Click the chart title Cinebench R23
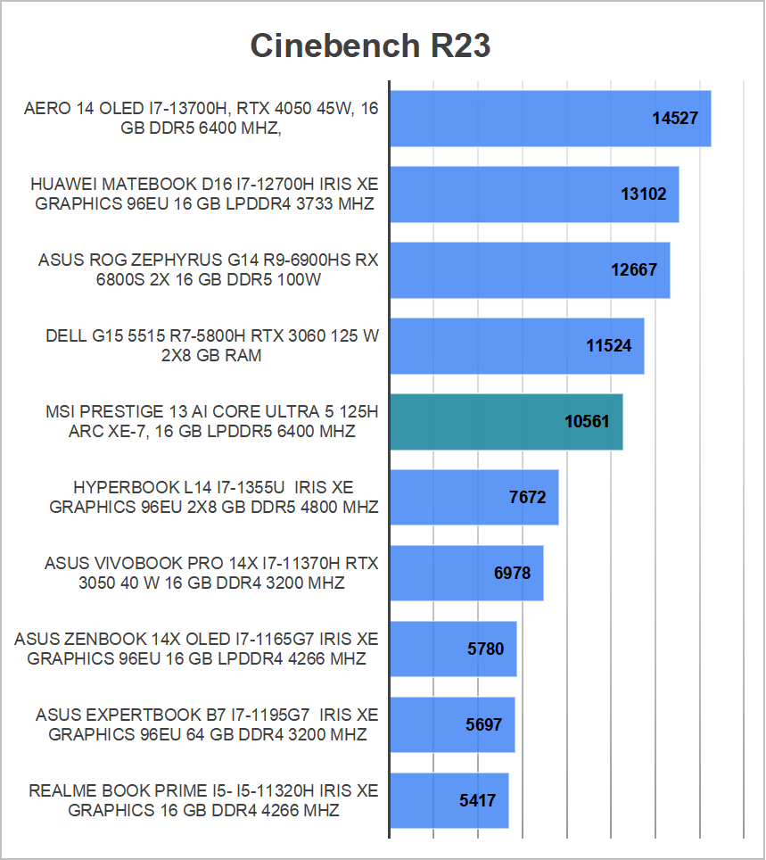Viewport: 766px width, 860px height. tap(370, 45)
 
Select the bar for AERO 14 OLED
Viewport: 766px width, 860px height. tap(517, 118)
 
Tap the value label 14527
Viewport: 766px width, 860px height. tap(675, 118)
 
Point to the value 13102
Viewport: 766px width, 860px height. tap(644, 194)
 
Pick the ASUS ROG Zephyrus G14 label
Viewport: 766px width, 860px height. tap(208, 270)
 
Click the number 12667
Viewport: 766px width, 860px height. tap(634, 269)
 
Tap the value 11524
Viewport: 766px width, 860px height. tap(609, 345)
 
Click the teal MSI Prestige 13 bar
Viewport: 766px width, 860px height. tap(473, 421)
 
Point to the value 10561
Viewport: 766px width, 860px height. tap(588, 421)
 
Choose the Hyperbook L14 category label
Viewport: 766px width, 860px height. tap(213, 497)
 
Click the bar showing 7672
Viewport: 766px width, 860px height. tap(446, 497)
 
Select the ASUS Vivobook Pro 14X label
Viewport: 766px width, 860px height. tap(211, 574)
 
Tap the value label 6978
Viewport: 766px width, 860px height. tap(512, 573)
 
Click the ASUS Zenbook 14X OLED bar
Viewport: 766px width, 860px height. tap(428, 649)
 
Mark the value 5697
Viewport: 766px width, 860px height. tap(484, 724)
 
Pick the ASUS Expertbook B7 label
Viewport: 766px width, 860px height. tap(207, 725)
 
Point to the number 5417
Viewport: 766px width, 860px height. tap(478, 800)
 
